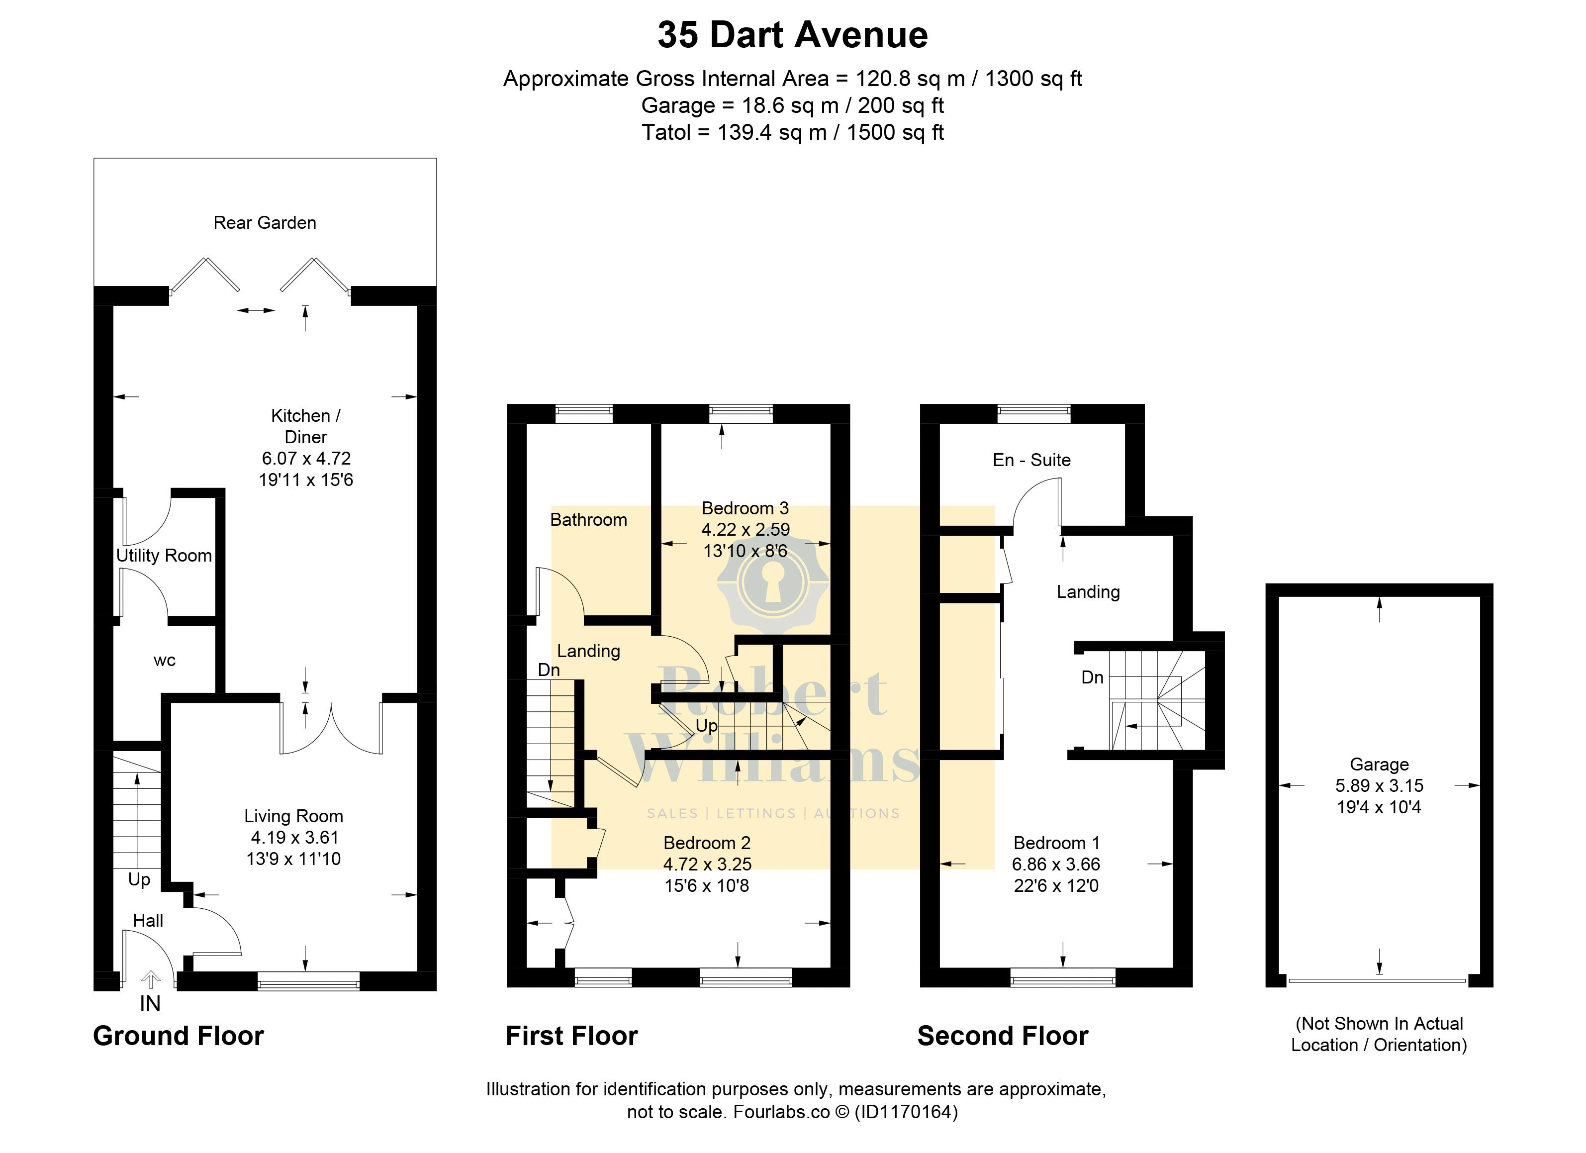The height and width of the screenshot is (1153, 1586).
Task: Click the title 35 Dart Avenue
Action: pyautogui.click(x=792, y=35)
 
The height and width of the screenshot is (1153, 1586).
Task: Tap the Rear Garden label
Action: pyautogui.click(x=265, y=222)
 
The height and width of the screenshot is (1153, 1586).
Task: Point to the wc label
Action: pyautogui.click(x=164, y=660)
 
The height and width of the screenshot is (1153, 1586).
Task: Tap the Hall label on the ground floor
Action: pyautogui.click(x=148, y=921)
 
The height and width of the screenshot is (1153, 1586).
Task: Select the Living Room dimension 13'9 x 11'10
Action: pyautogui.click(x=294, y=859)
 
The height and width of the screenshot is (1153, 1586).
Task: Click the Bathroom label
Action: pyautogui.click(x=589, y=519)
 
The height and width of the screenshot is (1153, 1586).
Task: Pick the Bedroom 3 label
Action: pyautogui.click(x=746, y=508)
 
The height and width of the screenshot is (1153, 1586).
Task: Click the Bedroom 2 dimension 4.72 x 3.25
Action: pyautogui.click(x=707, y=864)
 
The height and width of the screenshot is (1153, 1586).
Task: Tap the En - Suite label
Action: pyautogui.click(x=1031, y=460)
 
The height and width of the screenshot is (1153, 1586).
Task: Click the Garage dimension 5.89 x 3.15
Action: pyautogui.click(x=1379, y=785)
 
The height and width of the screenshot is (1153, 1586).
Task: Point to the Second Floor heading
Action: pyautogui.click(x=1003, y=1036)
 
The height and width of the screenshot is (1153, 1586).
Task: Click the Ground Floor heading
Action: pyautogui.click(x=179, y=1036)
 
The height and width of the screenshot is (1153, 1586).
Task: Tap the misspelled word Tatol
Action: pyautogui.click(x=667, y=132)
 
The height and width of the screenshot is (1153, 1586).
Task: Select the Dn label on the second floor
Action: pyautogui.click(x=1092, y=677)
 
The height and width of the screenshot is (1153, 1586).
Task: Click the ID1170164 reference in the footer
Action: pyautogui.click(x=906, y=1111)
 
